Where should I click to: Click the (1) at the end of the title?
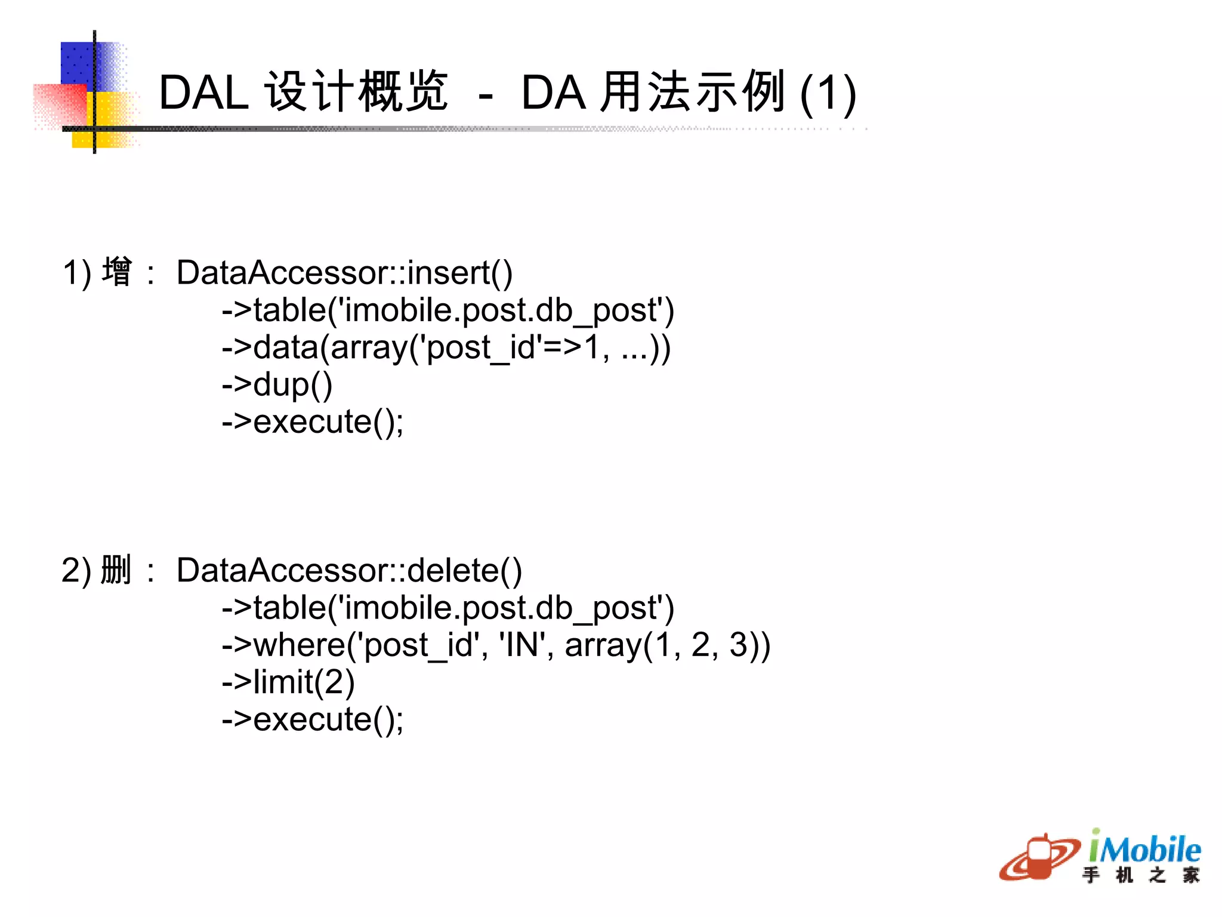(828, 93)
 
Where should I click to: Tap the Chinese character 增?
(116, 272)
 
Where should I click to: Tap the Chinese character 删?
(116, 570)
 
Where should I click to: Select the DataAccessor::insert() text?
(344, 273)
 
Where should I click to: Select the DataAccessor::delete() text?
(349, 571)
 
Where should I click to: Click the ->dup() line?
(277, 384)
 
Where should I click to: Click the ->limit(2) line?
(288, 682)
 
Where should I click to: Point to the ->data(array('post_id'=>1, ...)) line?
(446, 347)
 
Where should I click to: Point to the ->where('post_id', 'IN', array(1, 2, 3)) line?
(496, 645)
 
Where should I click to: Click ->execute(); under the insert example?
(313, 422)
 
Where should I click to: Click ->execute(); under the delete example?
(313, 719)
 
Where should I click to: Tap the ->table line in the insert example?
(448, 310)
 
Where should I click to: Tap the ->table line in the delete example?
(448, 608)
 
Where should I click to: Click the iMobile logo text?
(1144, 848)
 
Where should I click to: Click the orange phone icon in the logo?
(1039, 857)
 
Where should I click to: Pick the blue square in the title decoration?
(78, 63)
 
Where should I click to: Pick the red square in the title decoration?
(60, 104)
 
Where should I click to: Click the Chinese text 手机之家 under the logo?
(1140, 875)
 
